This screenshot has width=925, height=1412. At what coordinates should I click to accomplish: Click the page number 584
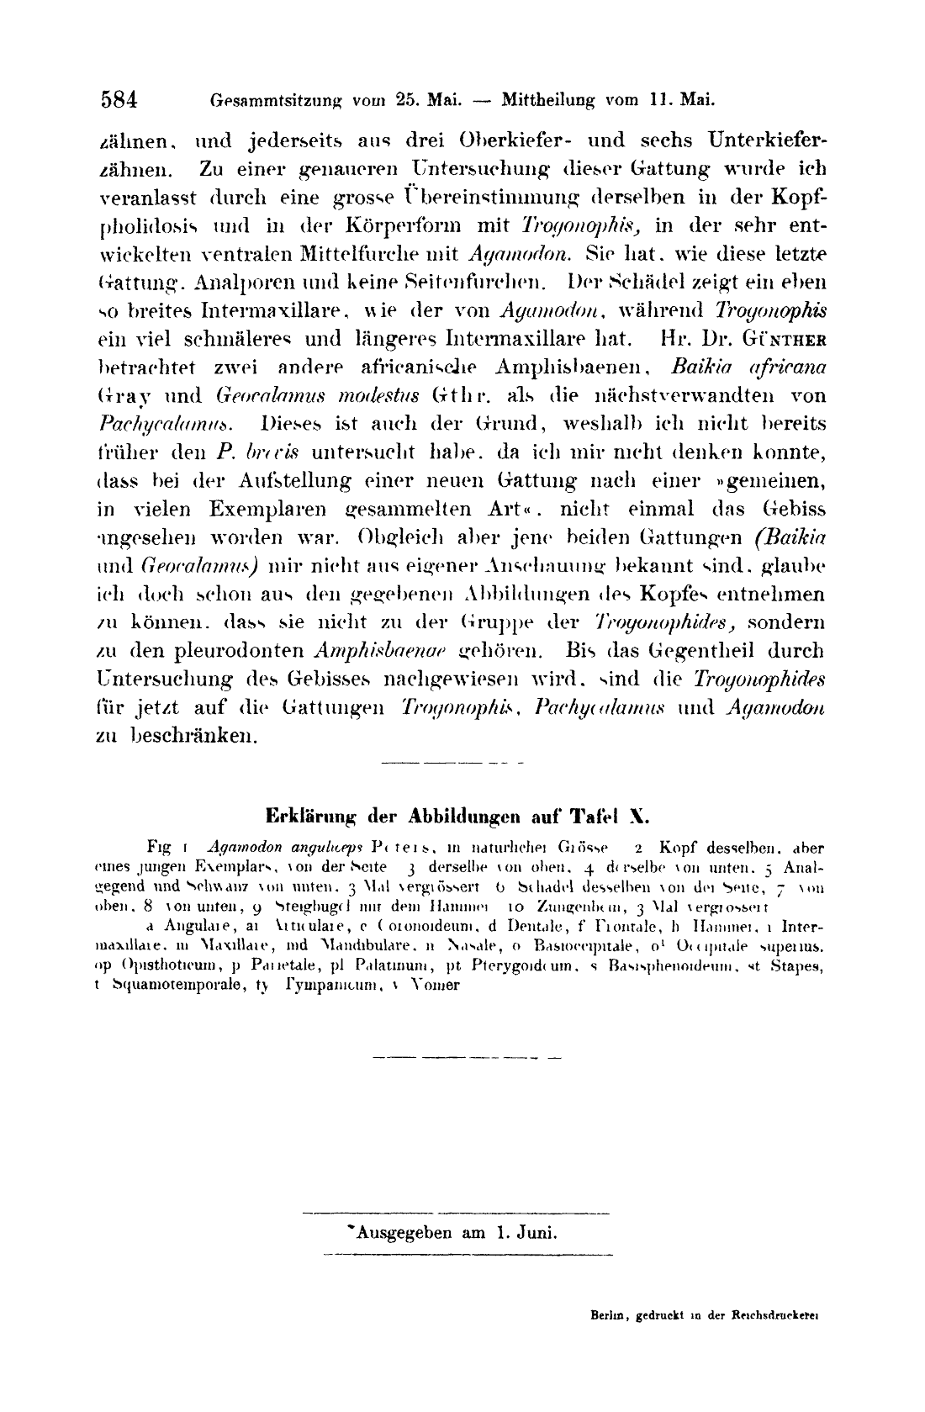point(119,99)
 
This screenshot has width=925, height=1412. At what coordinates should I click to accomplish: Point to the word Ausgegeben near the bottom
point(401,1234)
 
